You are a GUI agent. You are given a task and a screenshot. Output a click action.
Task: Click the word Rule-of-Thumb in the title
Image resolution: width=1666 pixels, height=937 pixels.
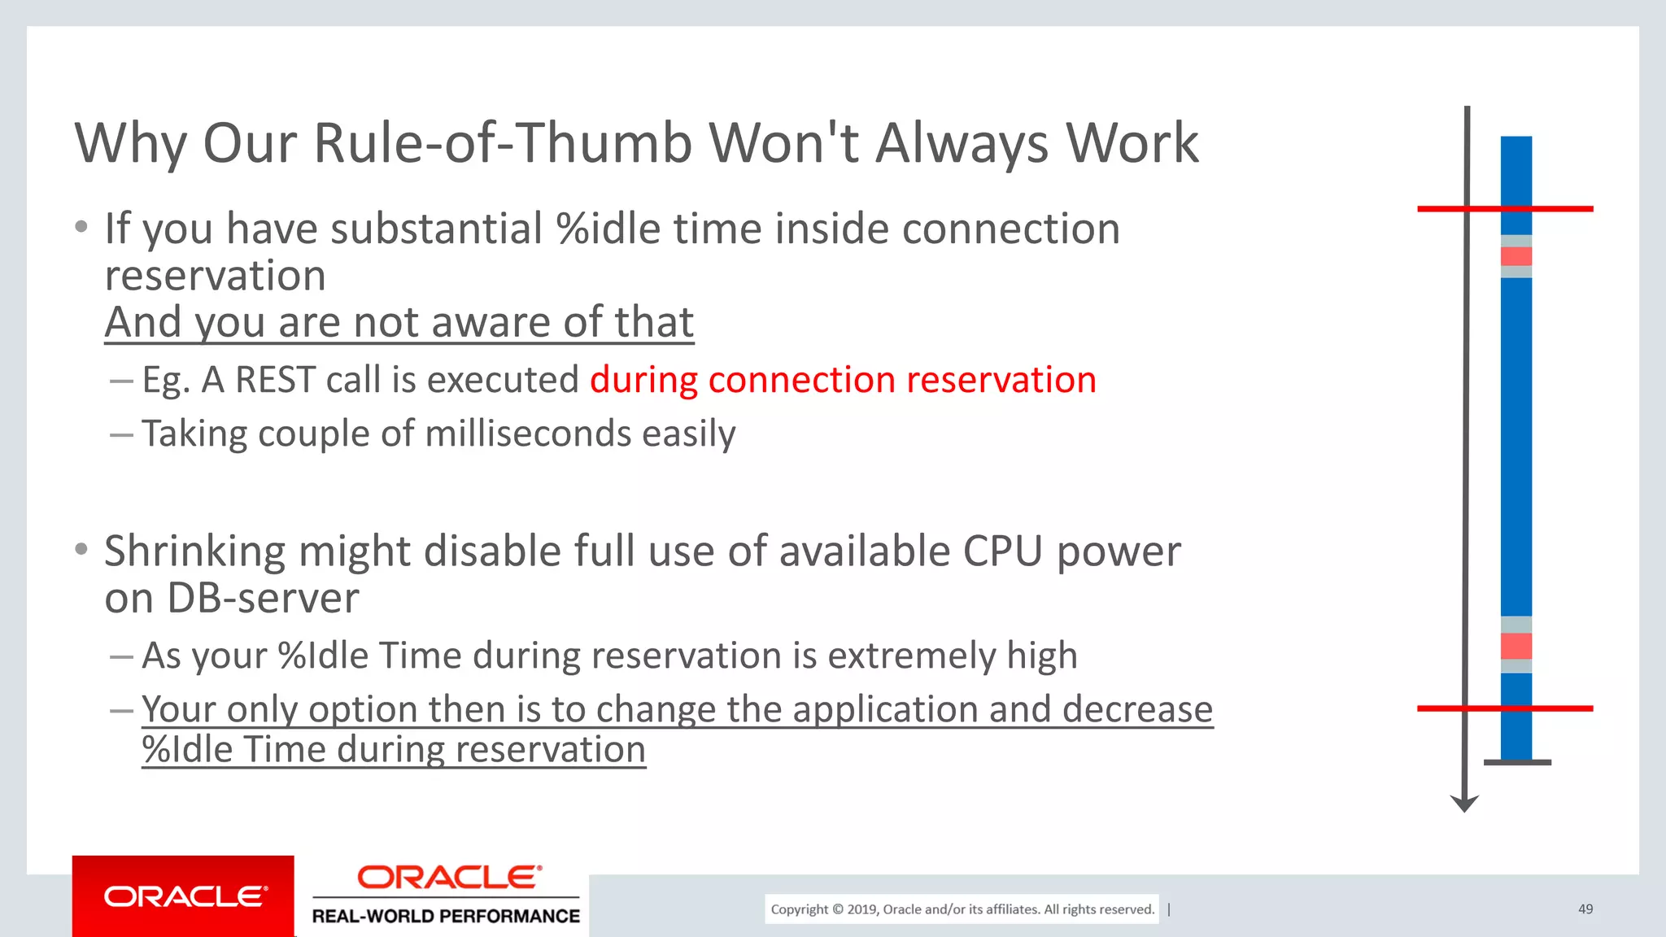(502, 143)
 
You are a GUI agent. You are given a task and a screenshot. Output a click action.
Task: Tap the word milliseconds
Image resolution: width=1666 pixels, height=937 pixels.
(528, 434)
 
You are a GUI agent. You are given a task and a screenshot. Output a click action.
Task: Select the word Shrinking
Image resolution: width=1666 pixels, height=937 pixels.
(194, 551)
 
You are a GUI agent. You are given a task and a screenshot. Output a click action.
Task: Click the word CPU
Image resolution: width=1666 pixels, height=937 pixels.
(1002, 551)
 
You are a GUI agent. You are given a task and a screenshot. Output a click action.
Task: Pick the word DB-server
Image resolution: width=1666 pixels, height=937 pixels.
(263, 599)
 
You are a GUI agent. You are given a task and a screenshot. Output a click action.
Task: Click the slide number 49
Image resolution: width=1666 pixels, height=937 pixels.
(1585, 909)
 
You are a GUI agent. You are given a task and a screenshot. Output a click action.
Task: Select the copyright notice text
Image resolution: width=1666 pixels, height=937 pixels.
(962, 909)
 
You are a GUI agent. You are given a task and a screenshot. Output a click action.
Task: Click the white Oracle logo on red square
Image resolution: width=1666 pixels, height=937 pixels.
(184, 896)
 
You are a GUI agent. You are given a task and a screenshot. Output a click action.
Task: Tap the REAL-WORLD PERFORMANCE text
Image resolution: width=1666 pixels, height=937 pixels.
(446, 917)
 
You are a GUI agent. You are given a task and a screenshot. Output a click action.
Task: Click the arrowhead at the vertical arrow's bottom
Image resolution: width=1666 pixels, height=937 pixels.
(1464, 804)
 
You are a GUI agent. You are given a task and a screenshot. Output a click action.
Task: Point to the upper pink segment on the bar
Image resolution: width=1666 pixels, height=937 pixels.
(1516, 256)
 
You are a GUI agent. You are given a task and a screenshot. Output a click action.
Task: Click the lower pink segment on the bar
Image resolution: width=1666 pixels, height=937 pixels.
(1516, 646)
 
